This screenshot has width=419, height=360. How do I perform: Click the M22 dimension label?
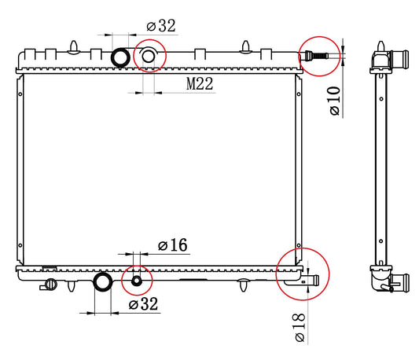(200, 83)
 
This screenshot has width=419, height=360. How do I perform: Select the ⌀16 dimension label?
(173, 244)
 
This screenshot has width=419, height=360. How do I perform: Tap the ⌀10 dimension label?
(335, 101)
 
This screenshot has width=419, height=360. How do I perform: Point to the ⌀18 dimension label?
(300, 328)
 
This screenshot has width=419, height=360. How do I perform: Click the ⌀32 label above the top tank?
(161, 26)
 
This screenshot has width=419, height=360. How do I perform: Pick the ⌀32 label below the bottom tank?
(144, 304)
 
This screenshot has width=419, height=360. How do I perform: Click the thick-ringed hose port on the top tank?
(120, 57)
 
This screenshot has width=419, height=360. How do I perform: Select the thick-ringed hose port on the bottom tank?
(103, 282)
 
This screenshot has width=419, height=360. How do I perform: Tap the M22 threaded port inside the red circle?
(149, 56)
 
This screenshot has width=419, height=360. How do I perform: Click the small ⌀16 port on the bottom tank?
(137, 281)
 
